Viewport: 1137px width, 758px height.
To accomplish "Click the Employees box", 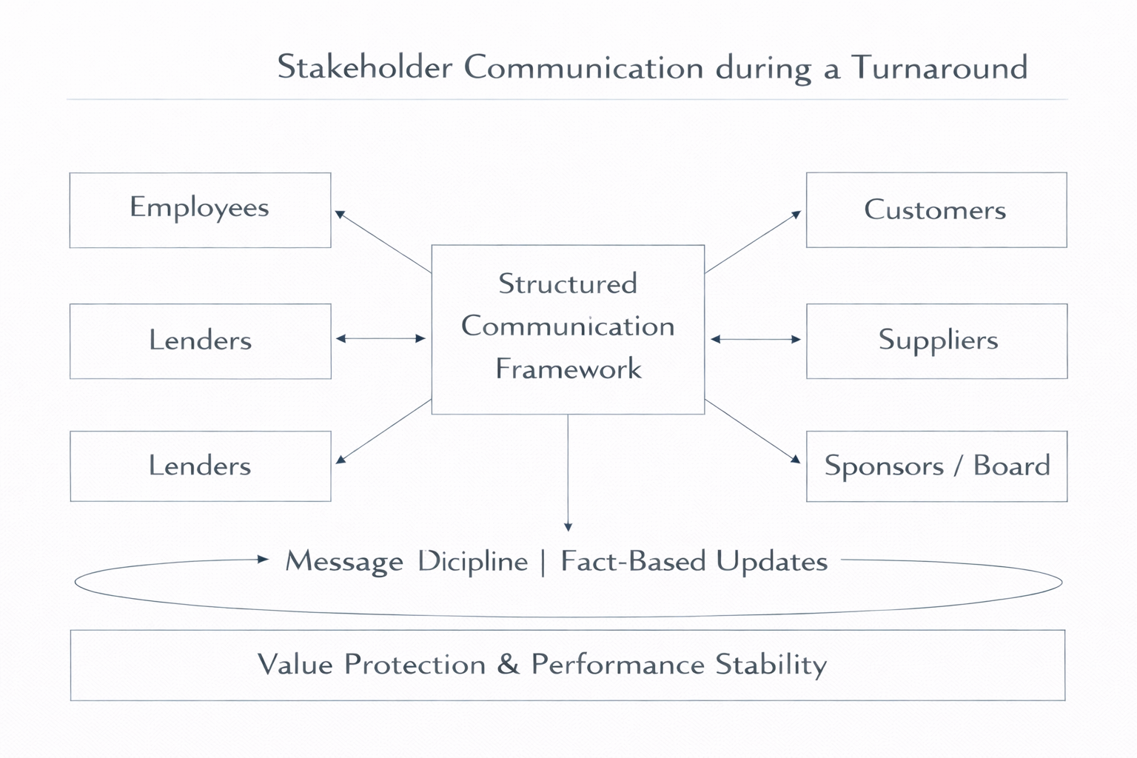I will click(200, 210).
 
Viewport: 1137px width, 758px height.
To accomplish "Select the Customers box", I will click(936, 210).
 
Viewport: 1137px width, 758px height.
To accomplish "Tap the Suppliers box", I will click(936, 341).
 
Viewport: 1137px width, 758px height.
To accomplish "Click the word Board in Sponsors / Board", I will click(1011, 466).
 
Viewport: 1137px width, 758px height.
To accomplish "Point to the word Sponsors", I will click(884, 466).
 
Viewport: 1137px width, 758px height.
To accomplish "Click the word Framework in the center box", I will click(568, 369).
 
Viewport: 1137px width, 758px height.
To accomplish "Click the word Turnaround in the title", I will click(939, 68).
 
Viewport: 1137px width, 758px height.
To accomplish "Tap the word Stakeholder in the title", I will click(364, 68).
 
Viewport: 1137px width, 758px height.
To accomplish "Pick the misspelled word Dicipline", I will click(472, 561).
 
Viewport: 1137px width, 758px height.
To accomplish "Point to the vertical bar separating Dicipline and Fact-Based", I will click(543, 561).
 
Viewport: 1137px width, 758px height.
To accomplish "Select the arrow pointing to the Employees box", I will click(383, 242).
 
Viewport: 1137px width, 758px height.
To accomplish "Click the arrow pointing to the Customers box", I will click(753, 242).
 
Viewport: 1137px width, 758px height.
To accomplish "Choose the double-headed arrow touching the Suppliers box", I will click(755, 339).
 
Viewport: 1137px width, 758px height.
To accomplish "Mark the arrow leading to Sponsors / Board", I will click(753, 432).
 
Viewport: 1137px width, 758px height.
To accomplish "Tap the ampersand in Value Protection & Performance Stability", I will click(508, 665).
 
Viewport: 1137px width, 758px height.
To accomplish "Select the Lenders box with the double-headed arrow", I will click(200, 341).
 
